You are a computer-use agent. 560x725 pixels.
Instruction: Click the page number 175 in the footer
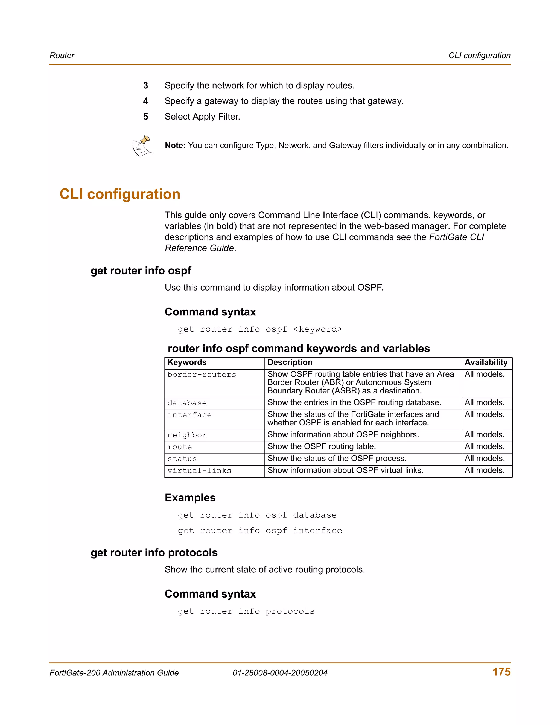501,672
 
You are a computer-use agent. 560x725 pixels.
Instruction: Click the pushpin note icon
143,146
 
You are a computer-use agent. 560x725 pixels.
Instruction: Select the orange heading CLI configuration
120,194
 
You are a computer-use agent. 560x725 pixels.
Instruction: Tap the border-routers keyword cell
202,375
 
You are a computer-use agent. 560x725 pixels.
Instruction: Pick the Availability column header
486,362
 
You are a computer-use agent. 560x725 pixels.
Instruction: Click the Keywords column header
187,362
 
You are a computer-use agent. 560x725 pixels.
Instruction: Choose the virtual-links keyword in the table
199,471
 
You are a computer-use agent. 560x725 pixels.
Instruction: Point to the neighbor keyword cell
187,435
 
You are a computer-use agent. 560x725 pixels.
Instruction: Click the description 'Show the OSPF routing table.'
322,447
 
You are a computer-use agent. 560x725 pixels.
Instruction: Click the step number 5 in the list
146,117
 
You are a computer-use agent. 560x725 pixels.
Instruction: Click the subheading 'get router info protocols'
154,553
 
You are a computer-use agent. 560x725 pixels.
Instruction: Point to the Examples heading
190,498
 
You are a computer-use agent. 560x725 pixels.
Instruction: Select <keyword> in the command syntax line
317,329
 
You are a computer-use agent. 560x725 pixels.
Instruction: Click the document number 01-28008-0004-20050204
280,673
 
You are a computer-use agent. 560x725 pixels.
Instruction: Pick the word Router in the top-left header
62,56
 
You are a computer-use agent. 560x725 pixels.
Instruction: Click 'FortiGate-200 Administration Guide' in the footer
114,673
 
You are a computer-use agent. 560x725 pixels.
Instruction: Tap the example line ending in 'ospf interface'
260,531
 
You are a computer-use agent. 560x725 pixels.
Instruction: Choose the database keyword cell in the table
187,403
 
